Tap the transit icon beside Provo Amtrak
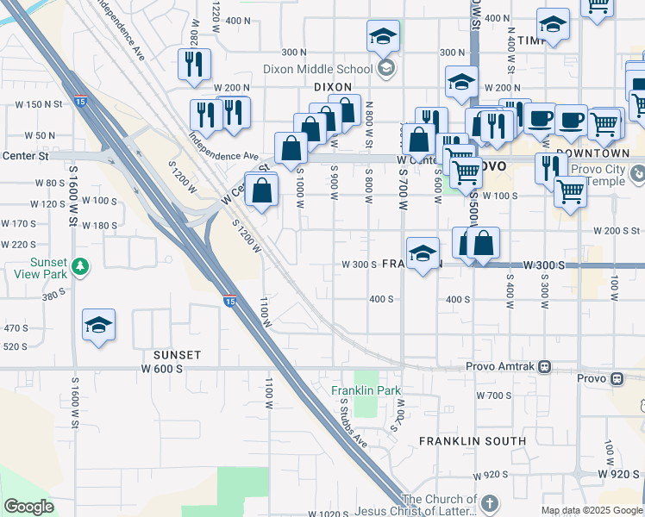point(544,366)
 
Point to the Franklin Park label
point(366,390)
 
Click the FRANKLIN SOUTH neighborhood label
point(473,441)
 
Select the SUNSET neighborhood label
point(177,355)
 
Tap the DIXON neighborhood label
point(333,87)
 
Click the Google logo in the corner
point(28,507)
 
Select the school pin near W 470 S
point(99,326)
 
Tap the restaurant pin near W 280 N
point(194,64)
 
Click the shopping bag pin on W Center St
point(291,147)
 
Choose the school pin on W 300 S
point(421,254)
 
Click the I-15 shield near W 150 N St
point(79,101)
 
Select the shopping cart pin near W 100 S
point(570,191)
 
